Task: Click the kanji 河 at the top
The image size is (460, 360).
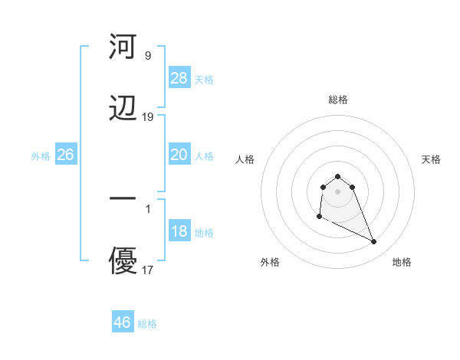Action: click(x=123, y=47)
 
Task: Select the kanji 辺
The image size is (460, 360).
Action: click(x=123, y=110)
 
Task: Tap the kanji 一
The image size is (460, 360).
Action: click(x=123, y=198)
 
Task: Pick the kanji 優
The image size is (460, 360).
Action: click(x=123, y=261)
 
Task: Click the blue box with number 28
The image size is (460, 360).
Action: click(x=179, y=77)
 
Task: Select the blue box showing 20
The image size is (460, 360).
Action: click(x=179, y=155)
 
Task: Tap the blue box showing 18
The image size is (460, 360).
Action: click(x=179, y=231)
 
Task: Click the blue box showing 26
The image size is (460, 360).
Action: click(x=65, y=155)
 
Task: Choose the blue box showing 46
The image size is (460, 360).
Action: click(x=123, y=322)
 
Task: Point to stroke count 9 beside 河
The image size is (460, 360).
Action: click(x=148, y=56)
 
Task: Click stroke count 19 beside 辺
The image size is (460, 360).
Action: click(x=148, y=117)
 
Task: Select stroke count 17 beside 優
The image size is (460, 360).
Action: click(x=148, y=270)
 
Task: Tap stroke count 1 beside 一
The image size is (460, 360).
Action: click(x=148, y=207)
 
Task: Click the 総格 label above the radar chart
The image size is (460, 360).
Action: click(x=338, y=100)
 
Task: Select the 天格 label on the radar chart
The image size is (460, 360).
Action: click(x=432, y=159)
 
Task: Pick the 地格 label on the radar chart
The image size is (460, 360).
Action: click(x=402, y=262)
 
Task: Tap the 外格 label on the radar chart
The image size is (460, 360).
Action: click(x=270, y=262)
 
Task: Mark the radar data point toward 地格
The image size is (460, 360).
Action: click(x=374, y=242)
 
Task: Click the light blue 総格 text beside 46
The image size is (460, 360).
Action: click(x=148, y=324)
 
